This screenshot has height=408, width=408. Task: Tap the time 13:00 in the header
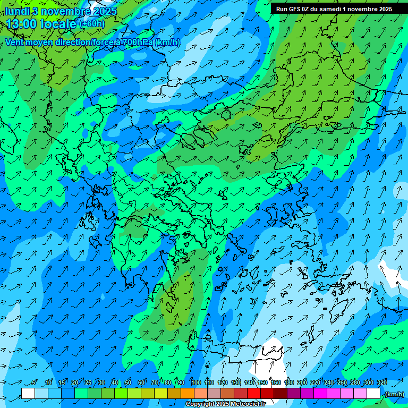coord(21,24)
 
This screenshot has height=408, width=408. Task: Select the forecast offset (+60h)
coord(92,24)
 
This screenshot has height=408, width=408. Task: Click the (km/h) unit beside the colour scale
coord(394,394)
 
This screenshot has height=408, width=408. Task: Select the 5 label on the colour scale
coord(35,383)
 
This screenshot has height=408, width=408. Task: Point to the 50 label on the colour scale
coord(127,383)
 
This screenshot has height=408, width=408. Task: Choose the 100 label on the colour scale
coord(195,383)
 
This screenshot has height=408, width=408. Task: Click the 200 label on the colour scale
coord(302,383)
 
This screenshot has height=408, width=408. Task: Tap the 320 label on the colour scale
coord(382,383)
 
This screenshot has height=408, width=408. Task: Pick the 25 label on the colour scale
coord(88,383)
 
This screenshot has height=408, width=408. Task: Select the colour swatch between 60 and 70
coord(148,393)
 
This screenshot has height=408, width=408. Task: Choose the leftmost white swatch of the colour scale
coord(28,393)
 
